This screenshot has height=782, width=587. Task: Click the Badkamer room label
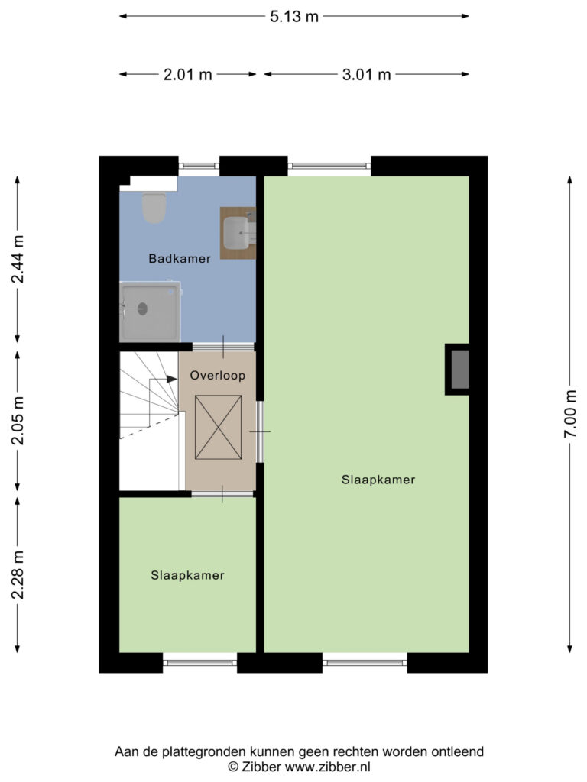pos(180,258)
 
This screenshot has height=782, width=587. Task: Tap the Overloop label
pos(218,376)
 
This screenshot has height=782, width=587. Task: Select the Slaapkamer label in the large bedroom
pos(378,480)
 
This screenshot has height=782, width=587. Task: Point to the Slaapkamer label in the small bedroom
pos(188,576)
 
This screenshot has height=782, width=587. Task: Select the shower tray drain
pos(143,309)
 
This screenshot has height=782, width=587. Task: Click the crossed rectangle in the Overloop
pos(218,427)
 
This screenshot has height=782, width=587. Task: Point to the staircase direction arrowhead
pos(172,379)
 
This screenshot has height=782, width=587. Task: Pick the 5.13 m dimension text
pos(294,17)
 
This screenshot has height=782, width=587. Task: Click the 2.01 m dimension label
pos(188,75)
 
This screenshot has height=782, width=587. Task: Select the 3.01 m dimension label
pos(366,75)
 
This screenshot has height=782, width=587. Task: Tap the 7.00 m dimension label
pos(569,414)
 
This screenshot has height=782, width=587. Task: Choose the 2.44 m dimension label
pos(18,259)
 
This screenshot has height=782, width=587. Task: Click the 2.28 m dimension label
pos(18,575)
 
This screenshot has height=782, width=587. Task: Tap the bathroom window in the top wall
pos(199,166)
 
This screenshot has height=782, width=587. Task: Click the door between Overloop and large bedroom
pos(260,432)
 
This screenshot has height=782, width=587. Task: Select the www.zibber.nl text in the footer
pos(327,767)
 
